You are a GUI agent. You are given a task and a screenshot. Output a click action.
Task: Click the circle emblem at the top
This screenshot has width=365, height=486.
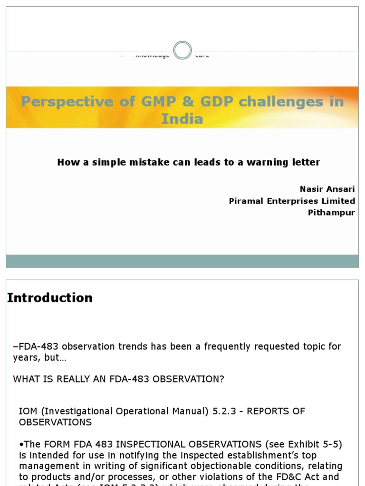182,50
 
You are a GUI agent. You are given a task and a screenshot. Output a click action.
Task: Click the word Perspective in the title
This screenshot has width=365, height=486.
67,102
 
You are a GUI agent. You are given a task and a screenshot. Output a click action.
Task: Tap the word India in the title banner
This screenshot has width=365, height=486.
182,119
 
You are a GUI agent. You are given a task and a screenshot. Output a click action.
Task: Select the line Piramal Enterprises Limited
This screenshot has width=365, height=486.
292,201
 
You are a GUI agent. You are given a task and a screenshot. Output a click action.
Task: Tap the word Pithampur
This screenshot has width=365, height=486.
331,213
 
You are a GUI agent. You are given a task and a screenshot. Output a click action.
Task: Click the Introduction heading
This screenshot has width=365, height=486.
50,298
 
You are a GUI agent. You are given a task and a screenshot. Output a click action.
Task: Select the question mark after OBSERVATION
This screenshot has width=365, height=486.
221,379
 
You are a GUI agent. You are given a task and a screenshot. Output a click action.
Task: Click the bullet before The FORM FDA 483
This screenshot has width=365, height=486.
21,445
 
